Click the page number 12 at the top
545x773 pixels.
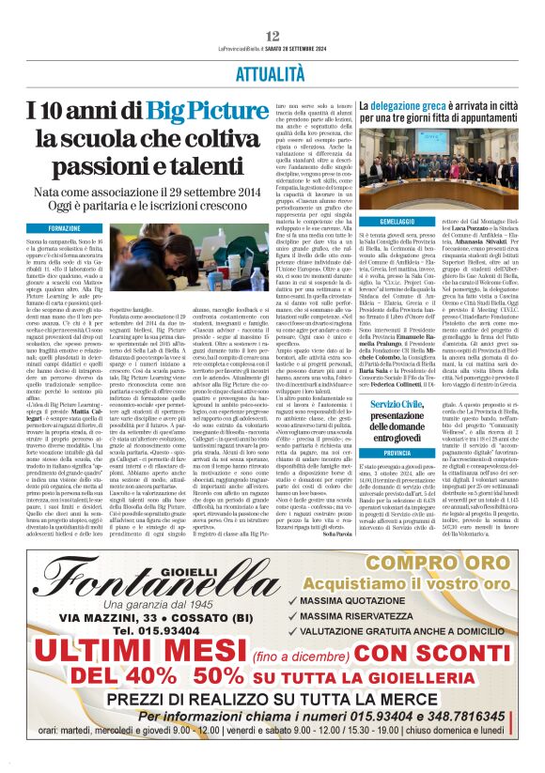pos(272,35)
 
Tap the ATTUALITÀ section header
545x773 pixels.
pos(272,72)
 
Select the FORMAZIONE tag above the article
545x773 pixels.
pos(65,228)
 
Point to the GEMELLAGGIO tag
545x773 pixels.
pos(384,221)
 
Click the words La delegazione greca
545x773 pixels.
pos(405,108)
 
